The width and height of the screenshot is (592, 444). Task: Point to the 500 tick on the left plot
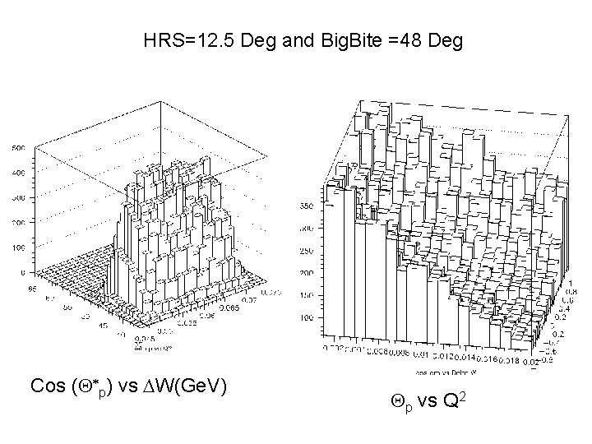click(x=19, y=148)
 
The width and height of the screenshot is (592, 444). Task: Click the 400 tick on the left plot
click(x=19, y=173)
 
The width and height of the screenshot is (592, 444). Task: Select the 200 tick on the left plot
click(x=19, y=223)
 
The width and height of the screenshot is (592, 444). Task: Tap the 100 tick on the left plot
click(x=19, y=247)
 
